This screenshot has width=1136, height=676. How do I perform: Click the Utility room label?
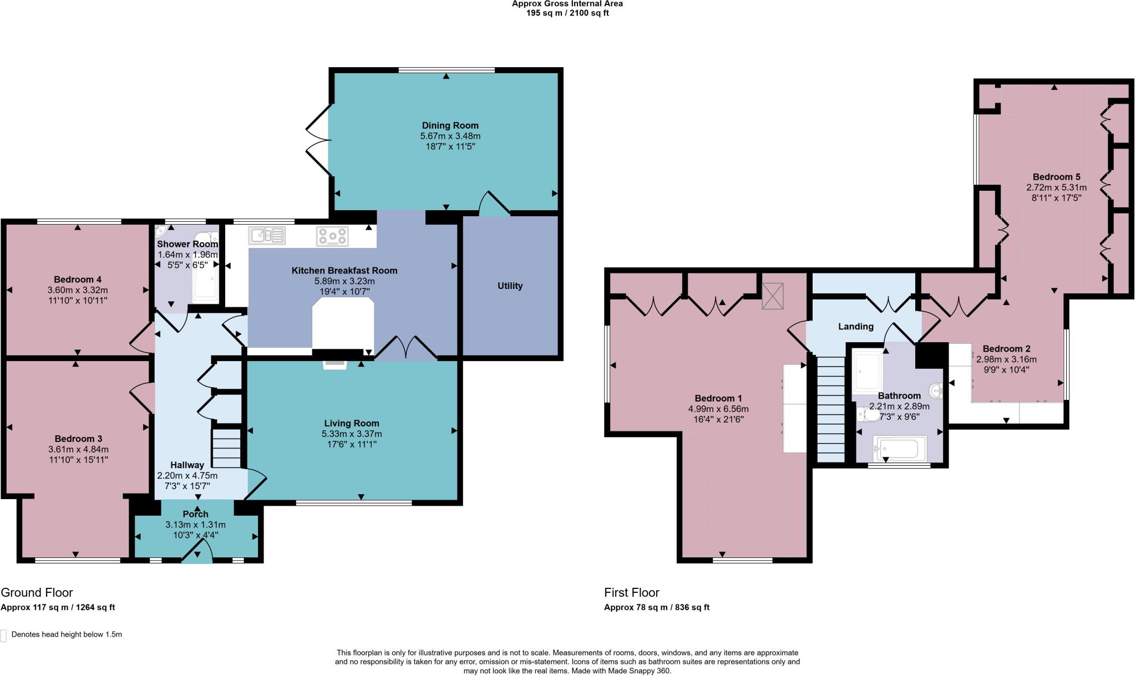tap(509, 286)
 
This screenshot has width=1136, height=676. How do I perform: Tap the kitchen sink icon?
tap(267, 236)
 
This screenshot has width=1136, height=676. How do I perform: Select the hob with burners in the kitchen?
tap(332, 236)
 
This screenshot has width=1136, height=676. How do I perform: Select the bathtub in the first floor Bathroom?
tap(900, 448)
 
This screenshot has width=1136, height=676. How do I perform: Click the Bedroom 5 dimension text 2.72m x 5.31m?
tap(1056, 187)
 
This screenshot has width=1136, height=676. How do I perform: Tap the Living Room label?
tap(352, 423)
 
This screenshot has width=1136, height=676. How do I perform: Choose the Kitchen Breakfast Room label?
tap(344, 271)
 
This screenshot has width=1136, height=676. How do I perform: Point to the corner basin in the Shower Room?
tap(161, 231)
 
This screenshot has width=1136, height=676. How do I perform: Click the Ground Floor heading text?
tap(37, 592)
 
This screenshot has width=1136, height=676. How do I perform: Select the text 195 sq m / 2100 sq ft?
tap(567, 13)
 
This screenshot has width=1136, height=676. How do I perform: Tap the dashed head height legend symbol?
tap(4, 635)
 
